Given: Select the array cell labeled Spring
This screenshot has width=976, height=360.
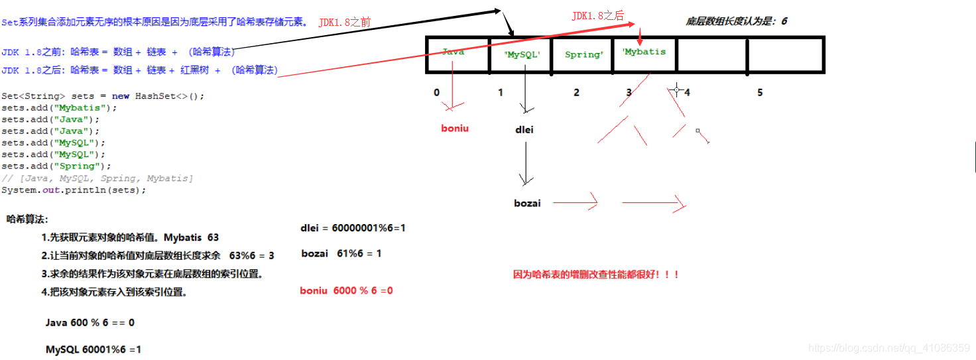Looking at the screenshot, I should [x=583, y=54].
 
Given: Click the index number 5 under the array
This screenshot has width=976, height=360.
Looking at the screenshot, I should [x=760, y=93].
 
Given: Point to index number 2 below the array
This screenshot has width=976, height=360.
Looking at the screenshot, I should [x=576, y=93].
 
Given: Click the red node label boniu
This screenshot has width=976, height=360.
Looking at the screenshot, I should [x=455, y=128].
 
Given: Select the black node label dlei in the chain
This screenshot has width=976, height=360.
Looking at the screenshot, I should [x=524, y=130].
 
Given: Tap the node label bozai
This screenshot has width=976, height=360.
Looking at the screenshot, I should [x=527, y=203].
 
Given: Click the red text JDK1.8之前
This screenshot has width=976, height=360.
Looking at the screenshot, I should [x=344, y=23].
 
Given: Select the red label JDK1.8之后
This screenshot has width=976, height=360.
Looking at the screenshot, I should [x=597, y=16].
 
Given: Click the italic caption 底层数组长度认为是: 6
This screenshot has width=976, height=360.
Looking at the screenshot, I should [x=736, y=21].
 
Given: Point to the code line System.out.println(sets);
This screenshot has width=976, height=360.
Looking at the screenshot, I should [x=74, y=190].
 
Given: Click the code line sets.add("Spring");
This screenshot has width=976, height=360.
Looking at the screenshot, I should [x=56, y=166].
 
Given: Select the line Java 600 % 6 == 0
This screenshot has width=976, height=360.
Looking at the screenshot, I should [x=90, y=322].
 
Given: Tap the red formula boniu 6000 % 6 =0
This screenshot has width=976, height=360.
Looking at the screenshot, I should [x=346, y=290].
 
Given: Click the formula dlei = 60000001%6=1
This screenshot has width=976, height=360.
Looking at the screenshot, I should [x=353, y=227].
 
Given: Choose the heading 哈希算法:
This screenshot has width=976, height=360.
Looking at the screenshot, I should [x=27, y=219].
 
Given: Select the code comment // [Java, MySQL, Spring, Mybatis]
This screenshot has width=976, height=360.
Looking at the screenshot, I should [x=97, y=178].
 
